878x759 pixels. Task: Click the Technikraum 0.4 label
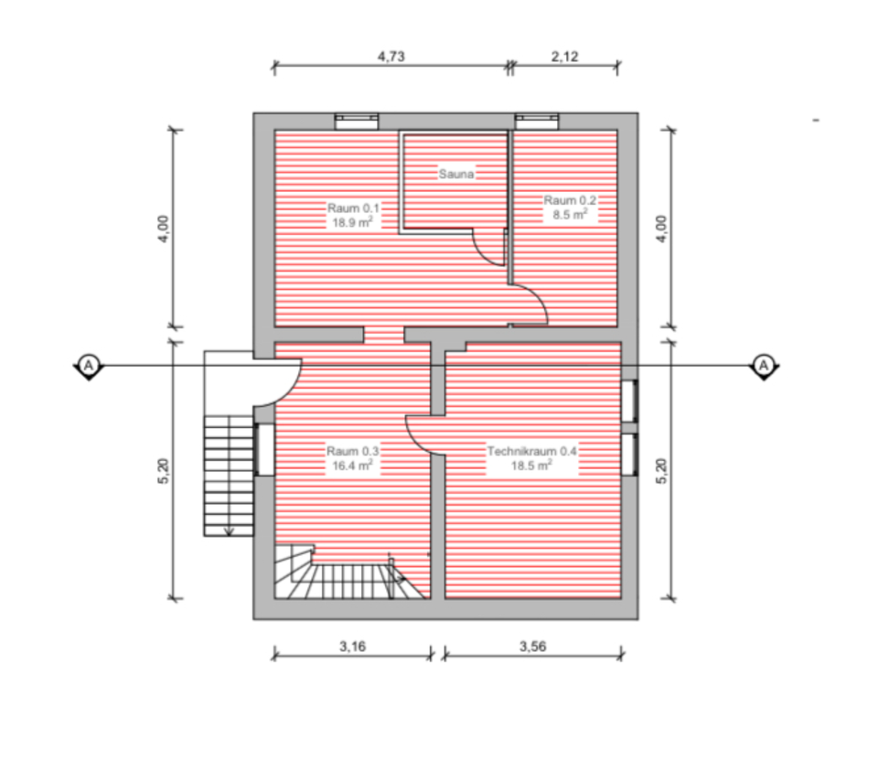click(531, 451)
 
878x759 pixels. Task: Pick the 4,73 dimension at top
click(391, 56)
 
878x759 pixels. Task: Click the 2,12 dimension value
click(564, 56)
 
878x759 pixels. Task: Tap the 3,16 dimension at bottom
click(352, 647)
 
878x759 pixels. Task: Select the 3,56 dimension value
click(533, 647)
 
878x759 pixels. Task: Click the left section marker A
click(89, 365)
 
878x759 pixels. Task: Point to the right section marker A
click(763, 365)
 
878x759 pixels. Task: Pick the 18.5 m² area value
click(531, 465)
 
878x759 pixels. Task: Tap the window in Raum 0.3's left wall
click(263, 448)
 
